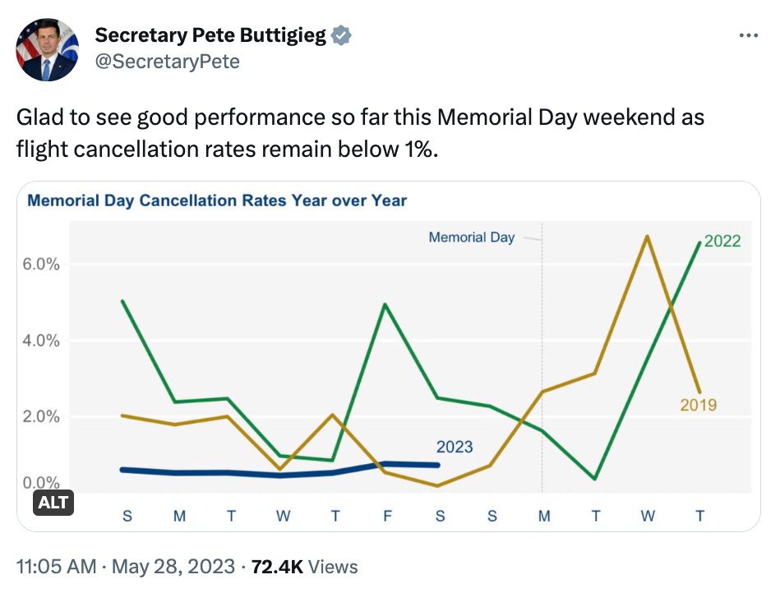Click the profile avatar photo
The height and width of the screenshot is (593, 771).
point(47,48)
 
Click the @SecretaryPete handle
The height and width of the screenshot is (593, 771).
point(168,62)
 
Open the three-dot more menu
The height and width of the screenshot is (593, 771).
point(748,36)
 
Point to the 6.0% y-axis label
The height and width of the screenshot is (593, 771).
point(40,264)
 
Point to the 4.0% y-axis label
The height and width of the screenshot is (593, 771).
point(40,340)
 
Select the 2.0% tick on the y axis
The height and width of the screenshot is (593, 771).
point(40,416)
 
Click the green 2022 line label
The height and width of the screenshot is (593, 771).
point(723,241)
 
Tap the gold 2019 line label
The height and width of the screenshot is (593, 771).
point(698,404)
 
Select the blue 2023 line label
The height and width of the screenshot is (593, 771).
point(455,447)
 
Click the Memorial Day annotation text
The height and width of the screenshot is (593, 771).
point(472,237)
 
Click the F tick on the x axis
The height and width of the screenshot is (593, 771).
point(387,517)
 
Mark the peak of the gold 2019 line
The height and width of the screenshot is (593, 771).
point(648,237)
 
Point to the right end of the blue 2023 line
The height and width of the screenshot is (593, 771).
point(438,465)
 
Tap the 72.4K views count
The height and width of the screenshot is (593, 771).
point(277,567)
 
